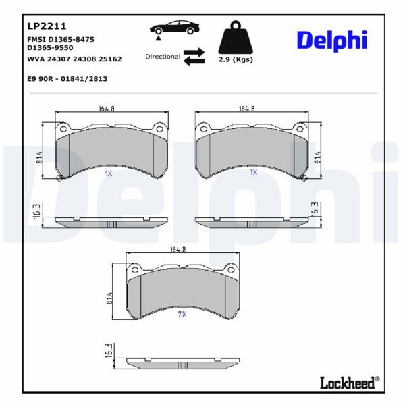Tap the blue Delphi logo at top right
pos(331,40)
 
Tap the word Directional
pos(163,57)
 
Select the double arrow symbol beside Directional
pos(194,57)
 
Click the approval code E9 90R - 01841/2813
pos(67,79)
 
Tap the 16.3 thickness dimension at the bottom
pos(109,352)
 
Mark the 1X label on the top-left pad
pos(108,173)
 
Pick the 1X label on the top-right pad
pos(254,173)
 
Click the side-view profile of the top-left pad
pos(111,222)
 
